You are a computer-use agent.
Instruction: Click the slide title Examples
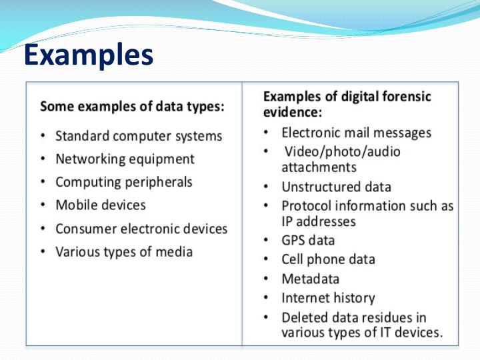tap(88, 56)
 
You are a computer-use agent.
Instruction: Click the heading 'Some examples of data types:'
tap(132, 106)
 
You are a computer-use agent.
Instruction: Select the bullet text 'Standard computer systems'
tap(138, 136)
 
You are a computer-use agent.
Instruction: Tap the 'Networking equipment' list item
tap(125, 159)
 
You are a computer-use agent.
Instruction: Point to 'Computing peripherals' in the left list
tap(123, 182)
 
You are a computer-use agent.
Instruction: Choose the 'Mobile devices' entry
tap(100, 205)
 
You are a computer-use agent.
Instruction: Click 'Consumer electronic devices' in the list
tap(141, 229)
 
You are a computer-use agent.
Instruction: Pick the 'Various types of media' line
tap(123, 252)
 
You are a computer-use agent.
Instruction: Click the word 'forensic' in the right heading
tap(405, 97)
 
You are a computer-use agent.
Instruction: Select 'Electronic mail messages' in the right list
tap(356, 133)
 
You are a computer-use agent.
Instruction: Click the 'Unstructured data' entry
tap(336, 187)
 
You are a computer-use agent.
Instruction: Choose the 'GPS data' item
tap(308, 240)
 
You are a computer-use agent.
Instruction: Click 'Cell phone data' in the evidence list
tap(328, 259)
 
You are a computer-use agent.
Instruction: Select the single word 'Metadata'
tap(310, 279)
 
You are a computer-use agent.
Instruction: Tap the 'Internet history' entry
tap(328, 298)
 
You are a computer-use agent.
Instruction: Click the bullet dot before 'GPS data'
tap(266, 240)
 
